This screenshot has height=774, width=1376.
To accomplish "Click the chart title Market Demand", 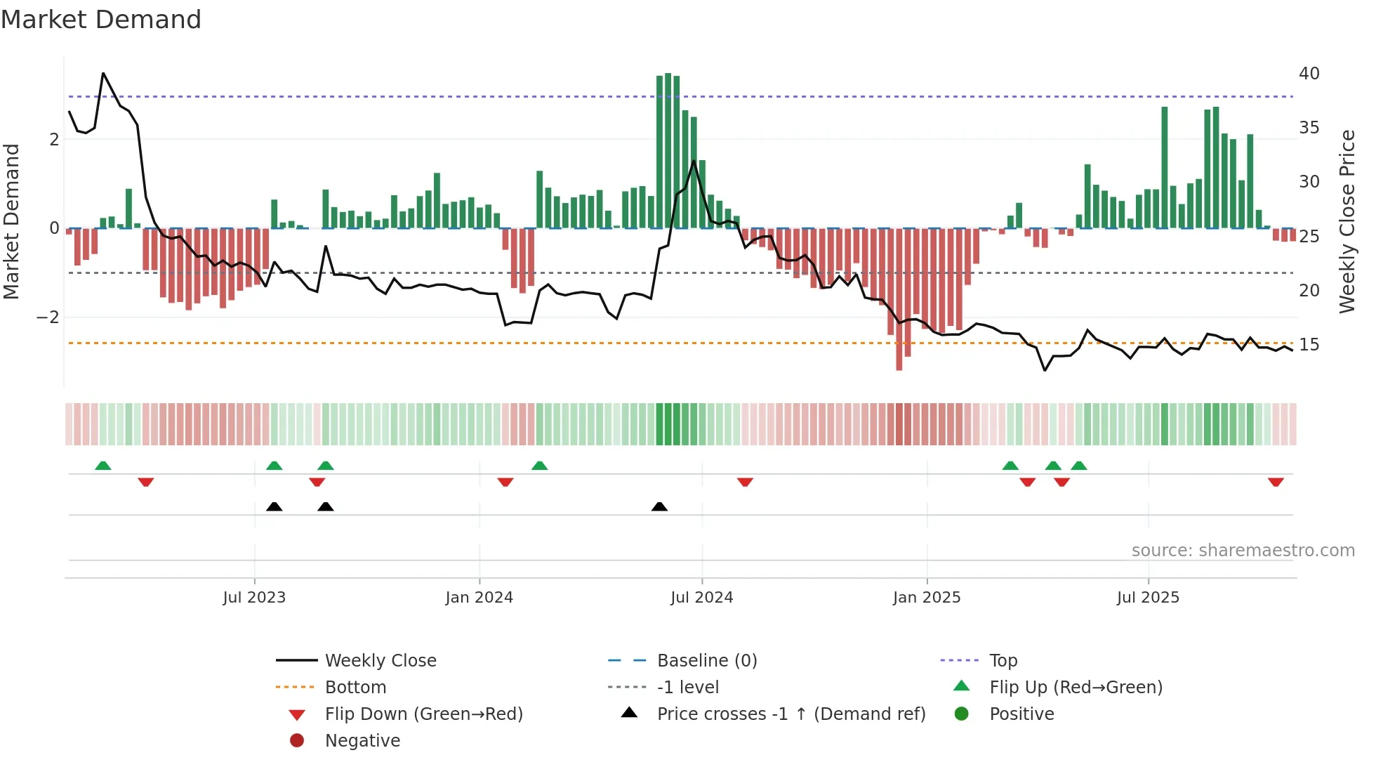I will click(x=101, y=20).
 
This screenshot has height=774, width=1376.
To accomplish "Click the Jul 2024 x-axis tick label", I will click(x=701, y=598).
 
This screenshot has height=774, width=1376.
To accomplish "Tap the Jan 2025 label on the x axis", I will click(x=926, y=598).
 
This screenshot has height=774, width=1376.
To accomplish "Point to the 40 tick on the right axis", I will click(x=1309, y=74).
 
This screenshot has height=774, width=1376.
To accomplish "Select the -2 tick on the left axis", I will click(x=48, y=317).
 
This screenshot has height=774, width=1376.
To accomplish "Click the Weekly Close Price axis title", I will click(x=1347, y=221).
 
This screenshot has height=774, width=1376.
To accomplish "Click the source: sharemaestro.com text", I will click(x=1243, y=551).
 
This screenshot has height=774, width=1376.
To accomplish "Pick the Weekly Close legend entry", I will click(x=380, y=661).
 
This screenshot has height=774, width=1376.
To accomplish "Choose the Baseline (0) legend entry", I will click(x=706, y=661).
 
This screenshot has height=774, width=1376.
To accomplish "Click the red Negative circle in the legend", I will click(x=297, y=741).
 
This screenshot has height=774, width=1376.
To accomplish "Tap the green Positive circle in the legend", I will click(x=962, y=714).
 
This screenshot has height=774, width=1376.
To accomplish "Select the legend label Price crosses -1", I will click(x=790, y=714).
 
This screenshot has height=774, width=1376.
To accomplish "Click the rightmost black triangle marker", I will click(x=659, y=506).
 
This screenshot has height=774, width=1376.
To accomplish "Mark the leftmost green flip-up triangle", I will click(x=103, y=466).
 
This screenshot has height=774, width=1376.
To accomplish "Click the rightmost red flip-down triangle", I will click(x=1276, y=482).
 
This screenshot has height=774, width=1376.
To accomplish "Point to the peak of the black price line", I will click(x=103, y=73).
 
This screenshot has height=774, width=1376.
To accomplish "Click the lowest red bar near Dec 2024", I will click(x=899, y=365).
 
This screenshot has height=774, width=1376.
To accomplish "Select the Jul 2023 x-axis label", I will click(x=254, y=598).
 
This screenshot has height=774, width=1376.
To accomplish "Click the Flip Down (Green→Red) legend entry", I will click(x=423, y=714).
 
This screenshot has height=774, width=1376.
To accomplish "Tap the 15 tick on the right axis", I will click(x=1309, y=345).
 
